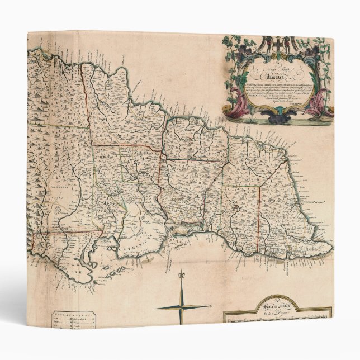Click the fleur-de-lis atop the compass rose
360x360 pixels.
click(181, 276)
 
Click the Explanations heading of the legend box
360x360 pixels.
click(73, 314)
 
